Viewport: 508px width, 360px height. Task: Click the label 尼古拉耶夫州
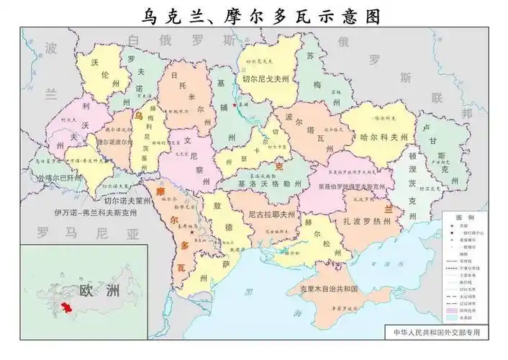point(271,214)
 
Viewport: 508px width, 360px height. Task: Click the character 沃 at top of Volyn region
point(95,63)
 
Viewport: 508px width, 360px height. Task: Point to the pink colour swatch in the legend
point(454,308)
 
